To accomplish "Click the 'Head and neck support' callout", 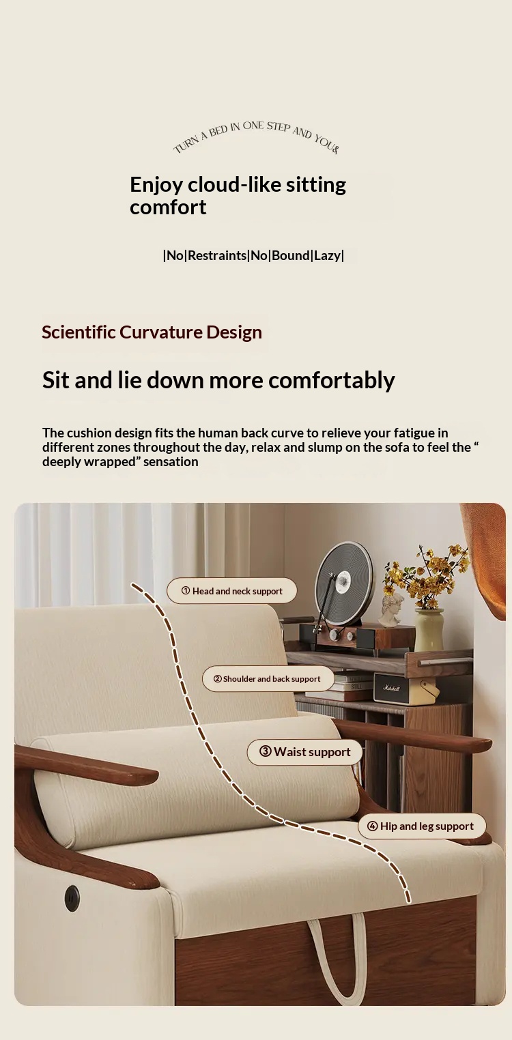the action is tap(232, 590).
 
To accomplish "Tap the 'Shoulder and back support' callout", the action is tap(268, 679).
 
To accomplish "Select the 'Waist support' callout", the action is tap(304, 751).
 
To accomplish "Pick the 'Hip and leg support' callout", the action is tap(422, 826).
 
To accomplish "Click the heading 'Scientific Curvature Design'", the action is tap(152, 332).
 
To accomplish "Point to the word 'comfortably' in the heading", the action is tap(332, 380).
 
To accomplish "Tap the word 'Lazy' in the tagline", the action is tap(327, 255).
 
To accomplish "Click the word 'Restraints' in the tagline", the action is tap(217, 255).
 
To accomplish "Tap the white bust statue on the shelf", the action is tap(391, 609).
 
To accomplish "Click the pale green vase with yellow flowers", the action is tap(429, 629).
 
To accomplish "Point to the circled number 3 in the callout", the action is tap(266, 751).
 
